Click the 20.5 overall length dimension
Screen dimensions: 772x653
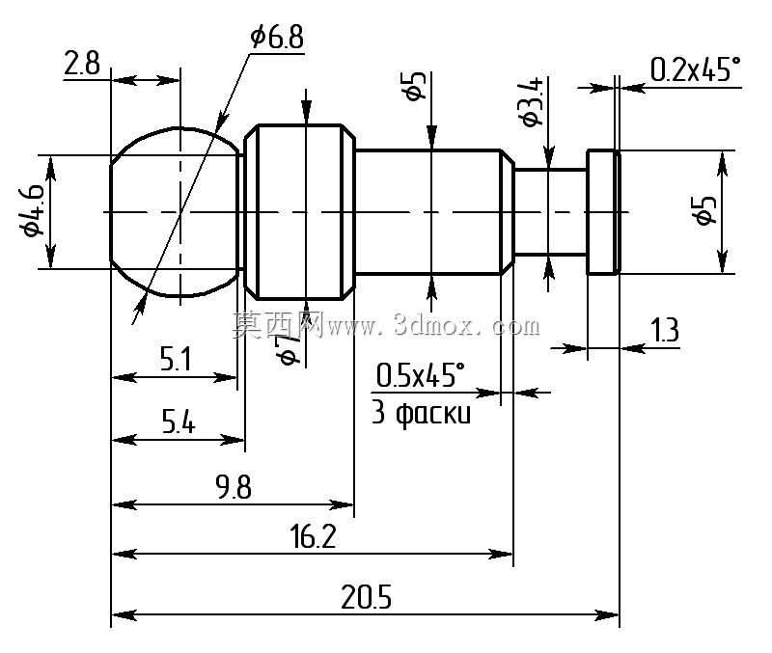tap(366, 597)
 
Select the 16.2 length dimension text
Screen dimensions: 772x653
tap(313, 536)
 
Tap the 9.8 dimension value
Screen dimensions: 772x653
tap(234, 487)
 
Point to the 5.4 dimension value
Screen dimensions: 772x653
tap(179, 422)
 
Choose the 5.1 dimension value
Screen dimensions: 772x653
tap(176, 359)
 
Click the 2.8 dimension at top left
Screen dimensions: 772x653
tap(82, 64)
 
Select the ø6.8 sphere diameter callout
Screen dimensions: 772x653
tap(277, 37)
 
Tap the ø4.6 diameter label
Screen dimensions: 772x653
tap(32, 208)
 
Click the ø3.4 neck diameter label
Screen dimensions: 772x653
tap(534, 102)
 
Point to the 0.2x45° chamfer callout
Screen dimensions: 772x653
tap(695, 69)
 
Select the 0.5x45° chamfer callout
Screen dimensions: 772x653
tap(420, 375)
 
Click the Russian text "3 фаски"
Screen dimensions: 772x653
tap(421, 413)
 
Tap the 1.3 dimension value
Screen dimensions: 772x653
tap(665, 330)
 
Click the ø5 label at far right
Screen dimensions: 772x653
tap(706, 210)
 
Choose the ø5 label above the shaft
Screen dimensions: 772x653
tap(416, 86)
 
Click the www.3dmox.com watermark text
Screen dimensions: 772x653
tap(433, 326)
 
